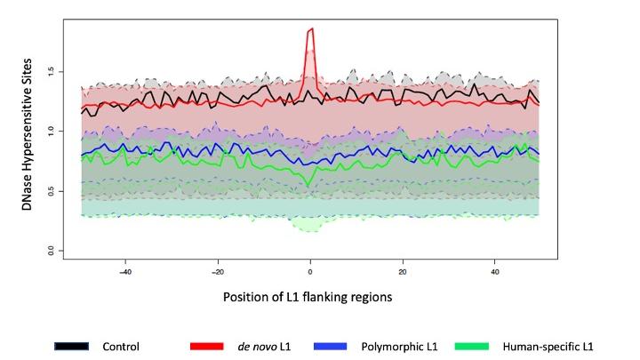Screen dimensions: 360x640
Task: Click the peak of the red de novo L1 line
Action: (x=311, y=29)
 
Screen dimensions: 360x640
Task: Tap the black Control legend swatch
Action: (x=72, y=345)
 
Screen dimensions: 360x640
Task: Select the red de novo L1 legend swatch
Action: (x=205, y=345)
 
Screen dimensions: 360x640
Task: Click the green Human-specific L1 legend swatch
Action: (x=471, y=345)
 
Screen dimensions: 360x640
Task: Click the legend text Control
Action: (x=121, y=345)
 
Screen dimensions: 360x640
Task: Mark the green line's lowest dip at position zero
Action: (x=310, y=185)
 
